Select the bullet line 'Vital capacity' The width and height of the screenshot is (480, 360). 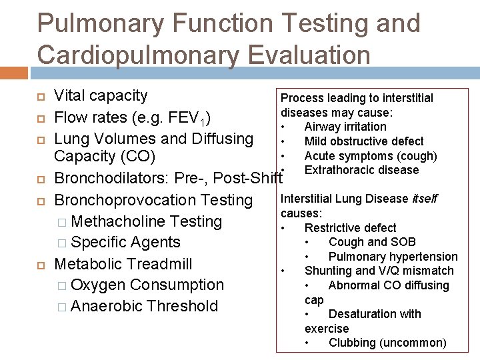coord(101,96)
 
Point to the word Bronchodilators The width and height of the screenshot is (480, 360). coord(111,179)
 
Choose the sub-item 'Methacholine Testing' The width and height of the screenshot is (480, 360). coord(146,221)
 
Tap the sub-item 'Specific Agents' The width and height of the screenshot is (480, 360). coord(125,243)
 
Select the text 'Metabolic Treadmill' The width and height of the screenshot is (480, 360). coord(123,264)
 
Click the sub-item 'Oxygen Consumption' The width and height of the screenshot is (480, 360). coord(147,285)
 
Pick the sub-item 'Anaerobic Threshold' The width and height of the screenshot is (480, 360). coord(144,306)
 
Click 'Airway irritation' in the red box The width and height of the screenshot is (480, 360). coord(345,127)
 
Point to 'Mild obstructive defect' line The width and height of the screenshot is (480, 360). coord(364,141)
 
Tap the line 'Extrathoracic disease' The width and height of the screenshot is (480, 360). coord(361,170)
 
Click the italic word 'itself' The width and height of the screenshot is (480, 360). coord(425,199)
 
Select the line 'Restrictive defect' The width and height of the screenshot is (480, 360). coord(350,228)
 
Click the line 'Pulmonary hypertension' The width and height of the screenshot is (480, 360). coord(393,257)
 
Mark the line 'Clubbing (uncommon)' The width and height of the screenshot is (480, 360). coord(387,343)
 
